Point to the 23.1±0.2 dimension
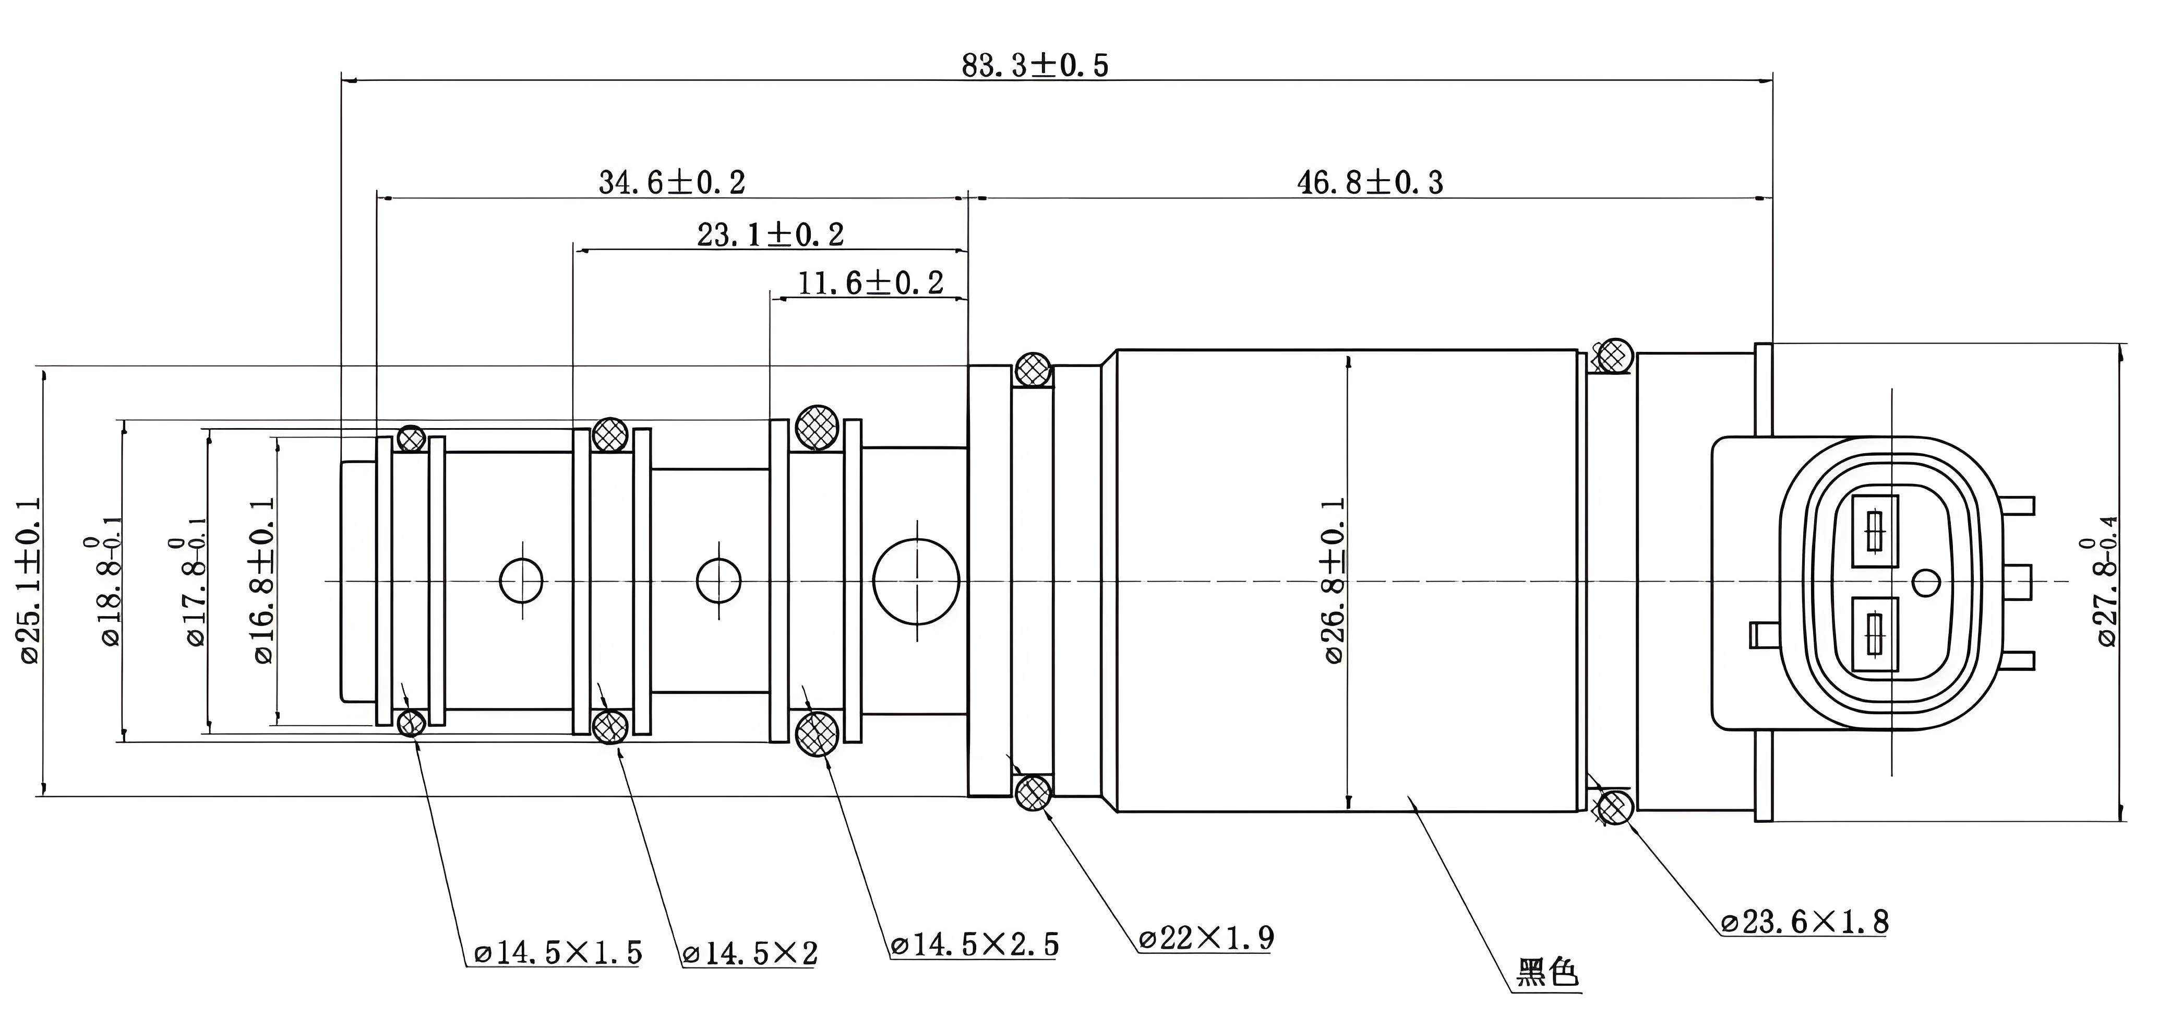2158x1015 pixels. (x=771, y=234)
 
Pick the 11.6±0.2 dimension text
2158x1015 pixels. (x=870, y=284)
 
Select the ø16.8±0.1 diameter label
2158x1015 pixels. (x=263, y=580)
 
